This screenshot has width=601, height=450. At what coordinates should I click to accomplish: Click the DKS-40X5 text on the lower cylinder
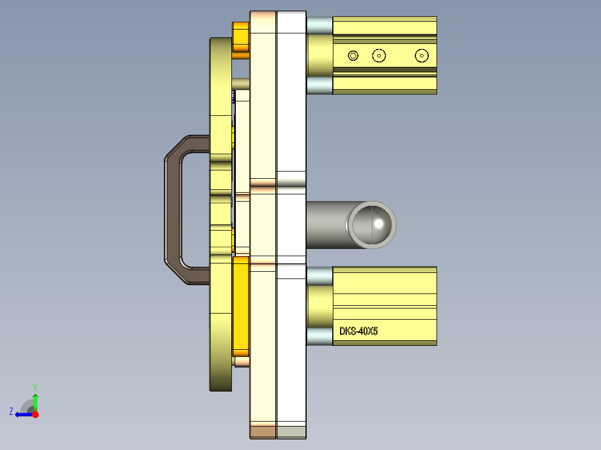point(358,331)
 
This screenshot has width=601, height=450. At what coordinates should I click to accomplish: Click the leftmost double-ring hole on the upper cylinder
point(353,55)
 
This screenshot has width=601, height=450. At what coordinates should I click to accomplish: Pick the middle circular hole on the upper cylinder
point(379,55)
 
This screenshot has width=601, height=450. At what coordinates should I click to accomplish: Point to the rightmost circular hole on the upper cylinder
point(422,55)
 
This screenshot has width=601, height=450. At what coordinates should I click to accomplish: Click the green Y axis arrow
point(35,400)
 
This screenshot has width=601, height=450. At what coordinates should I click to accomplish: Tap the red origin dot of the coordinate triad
point(35,414)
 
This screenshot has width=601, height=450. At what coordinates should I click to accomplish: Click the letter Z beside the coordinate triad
point(11,412)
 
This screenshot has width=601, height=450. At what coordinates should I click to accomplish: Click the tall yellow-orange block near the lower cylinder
point(241,306)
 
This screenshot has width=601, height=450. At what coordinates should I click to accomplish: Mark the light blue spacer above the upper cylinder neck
point(319,25)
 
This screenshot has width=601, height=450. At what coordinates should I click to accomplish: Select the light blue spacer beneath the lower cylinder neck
point(319,336)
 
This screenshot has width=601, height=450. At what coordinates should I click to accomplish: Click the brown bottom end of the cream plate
point(263,431)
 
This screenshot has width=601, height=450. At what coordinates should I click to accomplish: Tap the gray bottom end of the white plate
point(292,431)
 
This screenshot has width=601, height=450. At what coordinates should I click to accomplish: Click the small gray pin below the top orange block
point(241,83)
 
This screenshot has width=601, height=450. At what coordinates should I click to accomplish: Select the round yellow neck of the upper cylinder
point(319,55)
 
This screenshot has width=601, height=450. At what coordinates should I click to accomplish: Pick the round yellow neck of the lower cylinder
point(319,306)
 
